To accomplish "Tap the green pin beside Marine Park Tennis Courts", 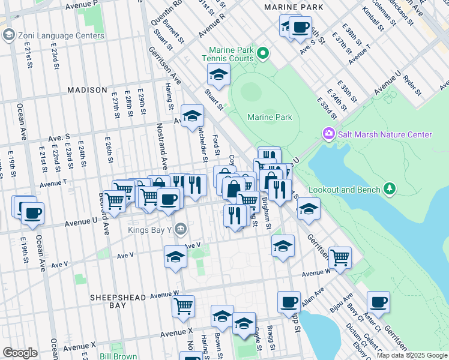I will point(262,55).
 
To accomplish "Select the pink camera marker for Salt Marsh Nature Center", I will point(328,133).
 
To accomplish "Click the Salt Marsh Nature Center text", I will point(385,134).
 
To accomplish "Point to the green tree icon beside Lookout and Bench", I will point(390,190).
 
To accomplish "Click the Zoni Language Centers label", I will point(61,35).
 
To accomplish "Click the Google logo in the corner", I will point(20,352).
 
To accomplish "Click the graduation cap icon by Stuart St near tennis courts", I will point(218,75).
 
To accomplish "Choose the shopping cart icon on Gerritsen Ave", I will point(340,257).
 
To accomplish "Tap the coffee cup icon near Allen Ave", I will point(289,302).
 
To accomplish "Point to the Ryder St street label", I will point(413,86).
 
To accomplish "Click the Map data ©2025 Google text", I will point(412,355).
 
